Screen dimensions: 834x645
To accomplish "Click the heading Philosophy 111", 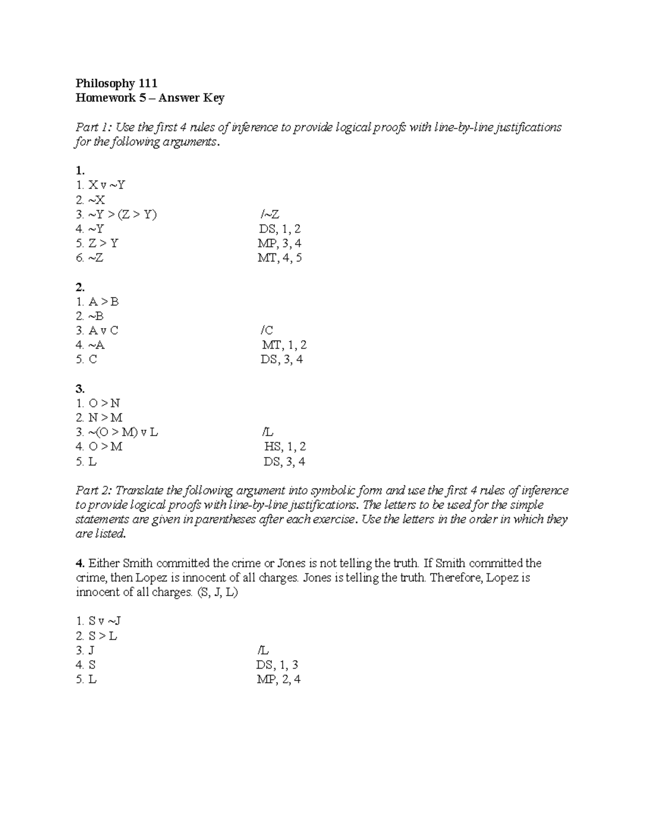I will [116, 83].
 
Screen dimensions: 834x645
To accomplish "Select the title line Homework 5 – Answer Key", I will [150, 98].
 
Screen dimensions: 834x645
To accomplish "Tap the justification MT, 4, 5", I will [279, 258].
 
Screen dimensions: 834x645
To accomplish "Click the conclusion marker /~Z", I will [269, 214].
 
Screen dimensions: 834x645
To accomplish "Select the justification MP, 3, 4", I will [279, 243].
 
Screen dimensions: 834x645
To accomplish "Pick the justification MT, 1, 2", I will [284, 345].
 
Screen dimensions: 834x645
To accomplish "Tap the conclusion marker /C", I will [267, 330].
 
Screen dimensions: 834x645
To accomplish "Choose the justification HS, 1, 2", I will [285, 446].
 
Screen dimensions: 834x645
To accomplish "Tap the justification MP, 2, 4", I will [278, 679].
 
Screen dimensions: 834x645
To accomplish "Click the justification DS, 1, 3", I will [277, 665].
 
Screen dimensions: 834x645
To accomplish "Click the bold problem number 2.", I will [80, 287].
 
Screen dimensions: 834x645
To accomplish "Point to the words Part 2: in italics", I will [94, 490].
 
